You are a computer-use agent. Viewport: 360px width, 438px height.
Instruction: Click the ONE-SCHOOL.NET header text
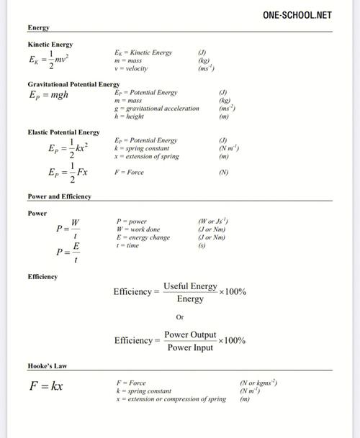(x=297, y=14)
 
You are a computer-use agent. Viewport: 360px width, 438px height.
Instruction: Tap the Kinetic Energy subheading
(x=50, y=45)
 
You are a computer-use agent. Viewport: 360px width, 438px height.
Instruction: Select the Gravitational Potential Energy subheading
(x=73, y=84)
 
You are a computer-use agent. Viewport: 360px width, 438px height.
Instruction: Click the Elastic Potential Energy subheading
(x=63, y=132)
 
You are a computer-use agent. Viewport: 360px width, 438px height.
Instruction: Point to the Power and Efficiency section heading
(x=59, y=196)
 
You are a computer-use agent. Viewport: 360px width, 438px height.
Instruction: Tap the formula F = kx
(x=46, y=386)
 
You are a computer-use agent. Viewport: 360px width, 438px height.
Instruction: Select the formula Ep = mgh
(x=48, y=94)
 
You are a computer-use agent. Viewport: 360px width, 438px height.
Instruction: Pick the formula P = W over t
(x=68, y=228)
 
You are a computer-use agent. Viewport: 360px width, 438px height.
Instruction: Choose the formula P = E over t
(x=68, y=252)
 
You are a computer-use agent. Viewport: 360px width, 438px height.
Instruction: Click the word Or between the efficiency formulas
(x=180, y=316)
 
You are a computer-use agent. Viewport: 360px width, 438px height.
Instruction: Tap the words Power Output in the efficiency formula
(x=190, y=335)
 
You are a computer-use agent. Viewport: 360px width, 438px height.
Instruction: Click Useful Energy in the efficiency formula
(x=190, y=286)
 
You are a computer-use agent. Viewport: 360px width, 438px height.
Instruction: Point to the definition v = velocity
(x=131, y=69)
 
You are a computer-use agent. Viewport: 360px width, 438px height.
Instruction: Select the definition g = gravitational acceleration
(x=156, y=109)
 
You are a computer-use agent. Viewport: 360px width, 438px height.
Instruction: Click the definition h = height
(x=129, y=117)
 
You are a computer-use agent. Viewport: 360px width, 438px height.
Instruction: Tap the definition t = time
(x=127, y=246)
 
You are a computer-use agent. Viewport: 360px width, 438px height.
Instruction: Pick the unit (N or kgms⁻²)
(x=258, y=383)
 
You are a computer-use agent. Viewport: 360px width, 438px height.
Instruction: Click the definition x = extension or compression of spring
(x=171, y=399)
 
